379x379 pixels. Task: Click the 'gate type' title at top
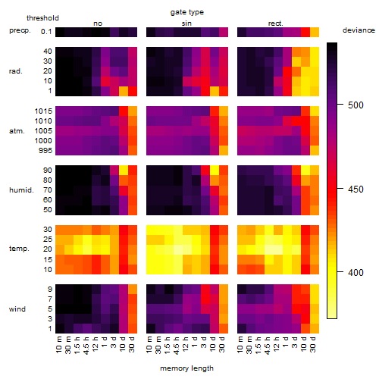click(187, 12)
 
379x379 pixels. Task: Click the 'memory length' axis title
click(186, 368)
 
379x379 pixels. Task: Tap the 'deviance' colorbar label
click(359, 30)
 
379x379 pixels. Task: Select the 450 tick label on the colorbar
click(356, 189)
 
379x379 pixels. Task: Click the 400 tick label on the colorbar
click(356, 272)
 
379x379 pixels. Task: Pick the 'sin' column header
click(186, 23)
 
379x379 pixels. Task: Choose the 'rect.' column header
click(275, 23)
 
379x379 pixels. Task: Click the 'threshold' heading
click(42, 18)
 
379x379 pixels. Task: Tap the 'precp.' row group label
click(20, 30)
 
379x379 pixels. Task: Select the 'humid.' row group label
click(21, 189)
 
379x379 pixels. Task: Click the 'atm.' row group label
click(17, 131)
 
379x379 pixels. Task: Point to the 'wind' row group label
click(17, 309)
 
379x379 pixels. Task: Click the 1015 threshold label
click(43, 111)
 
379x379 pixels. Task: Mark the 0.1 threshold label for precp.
click(46, 32)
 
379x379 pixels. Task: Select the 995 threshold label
click(45, 151)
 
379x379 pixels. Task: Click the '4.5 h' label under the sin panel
click(177, 346)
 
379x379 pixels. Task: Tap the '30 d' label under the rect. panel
click(313, 344)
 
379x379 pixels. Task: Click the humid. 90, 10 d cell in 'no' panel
click(124, 171)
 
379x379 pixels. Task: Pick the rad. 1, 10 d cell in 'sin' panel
click(215, 91)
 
